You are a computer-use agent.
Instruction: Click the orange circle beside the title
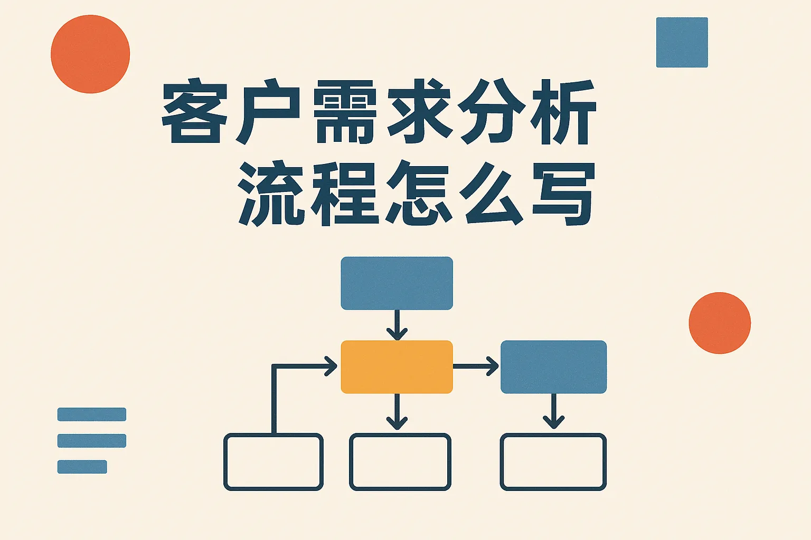point(90,54)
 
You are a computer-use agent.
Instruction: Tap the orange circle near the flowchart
point(720,323)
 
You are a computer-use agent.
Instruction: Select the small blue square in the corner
point(682,42)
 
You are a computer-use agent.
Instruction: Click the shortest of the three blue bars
point(82,467)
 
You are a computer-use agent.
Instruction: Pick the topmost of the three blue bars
point(92,414)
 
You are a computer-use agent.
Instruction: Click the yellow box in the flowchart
point(397,367)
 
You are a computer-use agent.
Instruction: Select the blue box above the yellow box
point(397,283)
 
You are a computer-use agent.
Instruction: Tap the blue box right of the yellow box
point(553,367)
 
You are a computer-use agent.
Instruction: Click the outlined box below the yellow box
point(400,462)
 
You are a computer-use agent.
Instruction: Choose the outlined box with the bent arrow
point(274,462)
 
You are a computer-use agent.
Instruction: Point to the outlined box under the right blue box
point(553,462)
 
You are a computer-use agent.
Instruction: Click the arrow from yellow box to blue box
point(476,366)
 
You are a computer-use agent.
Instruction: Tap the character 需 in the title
point(345,112)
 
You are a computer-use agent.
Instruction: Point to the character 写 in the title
point(563,194)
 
